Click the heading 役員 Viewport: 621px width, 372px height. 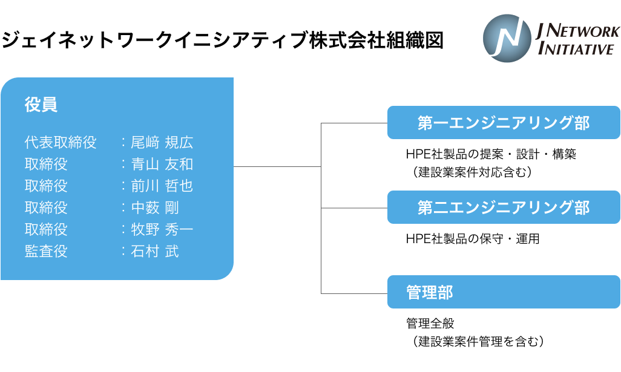[41, 105]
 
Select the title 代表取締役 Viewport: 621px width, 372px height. [61, 143]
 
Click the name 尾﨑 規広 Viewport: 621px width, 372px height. [162, 143]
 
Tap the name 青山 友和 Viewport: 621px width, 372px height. [162, 165]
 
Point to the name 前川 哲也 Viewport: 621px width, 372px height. [162, 186]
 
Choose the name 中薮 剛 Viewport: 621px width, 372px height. [155, 208]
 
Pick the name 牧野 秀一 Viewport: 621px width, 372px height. [162, 230]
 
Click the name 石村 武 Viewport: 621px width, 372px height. [155, 252]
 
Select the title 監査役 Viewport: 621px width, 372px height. [46, 252]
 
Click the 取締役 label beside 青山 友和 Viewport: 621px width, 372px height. [46, 165]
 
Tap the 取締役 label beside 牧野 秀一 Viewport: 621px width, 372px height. [46, 230]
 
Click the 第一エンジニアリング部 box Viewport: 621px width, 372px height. [504, 123]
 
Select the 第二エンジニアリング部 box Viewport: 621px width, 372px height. [504, 207]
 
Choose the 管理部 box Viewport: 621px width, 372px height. [504, 292]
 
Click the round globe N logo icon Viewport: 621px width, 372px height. [507, 39]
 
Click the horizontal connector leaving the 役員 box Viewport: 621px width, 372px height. [277, 166]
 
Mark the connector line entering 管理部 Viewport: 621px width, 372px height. [354, 293]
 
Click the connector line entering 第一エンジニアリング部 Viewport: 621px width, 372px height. [354, 123]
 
